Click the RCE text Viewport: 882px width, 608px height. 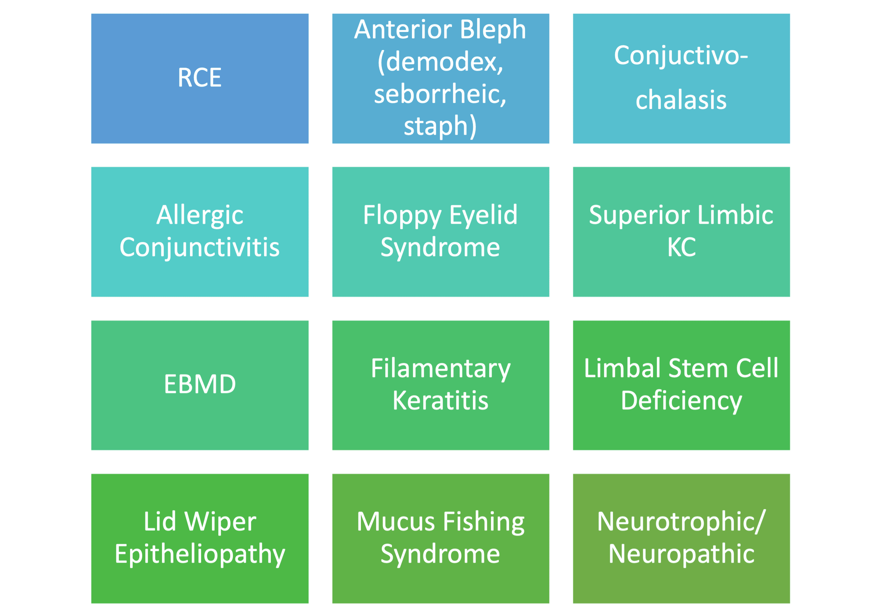(200, 77)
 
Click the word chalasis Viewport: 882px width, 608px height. (681, 100)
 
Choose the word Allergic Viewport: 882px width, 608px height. (200, 216)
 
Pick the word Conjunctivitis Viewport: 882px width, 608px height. (200, 248)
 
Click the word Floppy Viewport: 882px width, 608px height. (402, 216)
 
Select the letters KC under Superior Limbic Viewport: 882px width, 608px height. (681, 247)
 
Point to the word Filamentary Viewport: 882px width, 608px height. (441, 369)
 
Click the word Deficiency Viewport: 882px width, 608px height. (681, 402)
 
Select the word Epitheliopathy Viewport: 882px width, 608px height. (200, 555)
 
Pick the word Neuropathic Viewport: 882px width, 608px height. (681, 555)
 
